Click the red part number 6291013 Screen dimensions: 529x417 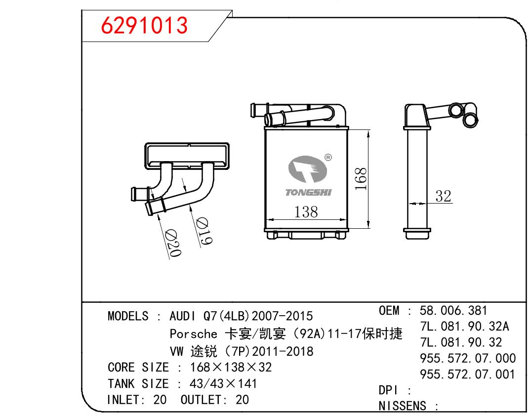point(144,25)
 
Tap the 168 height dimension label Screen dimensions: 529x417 point(361,179)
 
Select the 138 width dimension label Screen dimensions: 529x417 point(306,212)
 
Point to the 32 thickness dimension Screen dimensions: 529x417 point(444,196)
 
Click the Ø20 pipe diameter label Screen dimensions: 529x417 point(174,243)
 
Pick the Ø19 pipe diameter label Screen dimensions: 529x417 point(204,231)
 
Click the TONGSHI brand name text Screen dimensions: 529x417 point(308,192)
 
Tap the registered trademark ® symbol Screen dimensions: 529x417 point(328,157)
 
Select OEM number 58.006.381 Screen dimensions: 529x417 point(453,310)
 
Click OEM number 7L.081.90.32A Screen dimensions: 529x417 point(465,326)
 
